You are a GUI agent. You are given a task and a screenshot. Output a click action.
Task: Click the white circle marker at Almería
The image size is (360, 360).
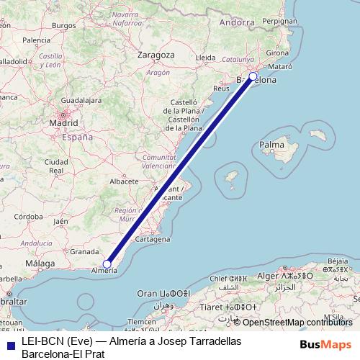coord(107,264)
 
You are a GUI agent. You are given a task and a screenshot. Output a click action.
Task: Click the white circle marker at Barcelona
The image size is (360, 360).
coord(253,76)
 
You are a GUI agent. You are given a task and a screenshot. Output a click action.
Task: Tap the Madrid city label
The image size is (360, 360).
coord(63,123)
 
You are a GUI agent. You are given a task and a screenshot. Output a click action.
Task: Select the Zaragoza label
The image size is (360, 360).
coord(156,55)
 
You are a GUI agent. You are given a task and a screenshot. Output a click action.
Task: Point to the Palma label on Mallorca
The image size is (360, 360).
coord(271,145)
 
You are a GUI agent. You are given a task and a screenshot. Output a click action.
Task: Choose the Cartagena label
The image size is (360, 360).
coord(152,238)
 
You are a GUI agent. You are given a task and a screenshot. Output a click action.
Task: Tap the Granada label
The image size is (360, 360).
coord(84,252)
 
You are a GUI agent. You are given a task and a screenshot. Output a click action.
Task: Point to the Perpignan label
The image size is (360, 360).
coord(280,21)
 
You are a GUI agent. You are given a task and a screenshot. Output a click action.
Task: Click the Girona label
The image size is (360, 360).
coord(277,53)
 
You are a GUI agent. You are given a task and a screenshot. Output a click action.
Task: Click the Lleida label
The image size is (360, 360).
coord(206,57)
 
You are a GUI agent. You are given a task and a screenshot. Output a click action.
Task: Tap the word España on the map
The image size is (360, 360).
coord(76,136)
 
